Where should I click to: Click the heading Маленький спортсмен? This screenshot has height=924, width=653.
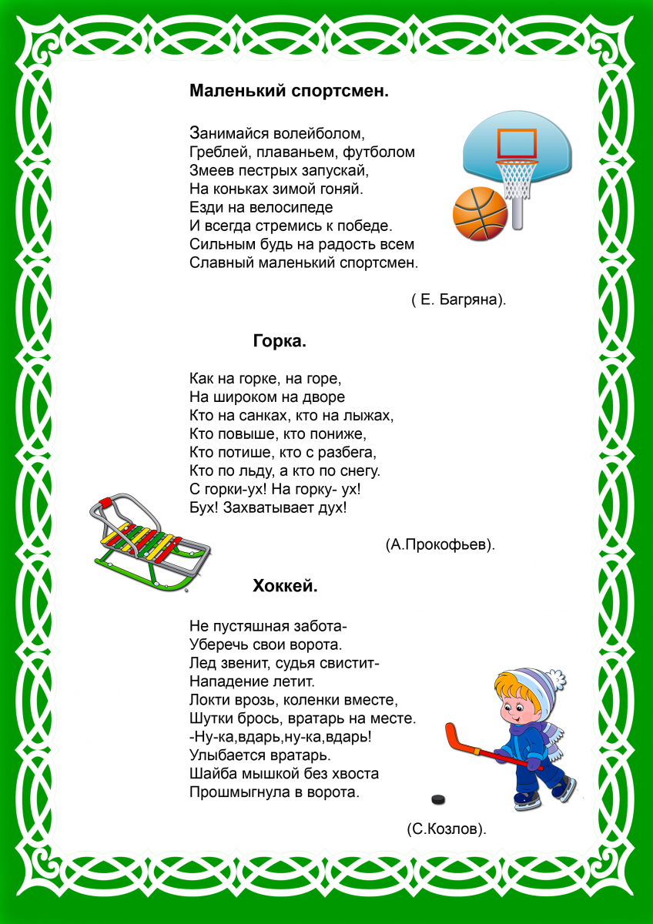coord(289,91)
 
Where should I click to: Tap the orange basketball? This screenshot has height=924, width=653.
coord(479,213)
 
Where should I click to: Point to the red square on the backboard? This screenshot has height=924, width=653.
coord(515,143)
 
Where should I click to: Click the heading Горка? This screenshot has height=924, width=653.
coord(280,341)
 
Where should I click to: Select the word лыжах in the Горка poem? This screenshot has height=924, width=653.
coord(372,416)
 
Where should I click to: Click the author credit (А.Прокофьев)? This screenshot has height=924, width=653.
coord(440,544)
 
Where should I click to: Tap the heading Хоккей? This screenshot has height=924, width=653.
coord(285,586)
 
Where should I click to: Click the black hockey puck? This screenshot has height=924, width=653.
coord(438,798)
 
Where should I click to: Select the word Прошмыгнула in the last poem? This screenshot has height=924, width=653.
coord(238,792)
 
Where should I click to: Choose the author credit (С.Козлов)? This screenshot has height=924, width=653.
coord(447,829)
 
